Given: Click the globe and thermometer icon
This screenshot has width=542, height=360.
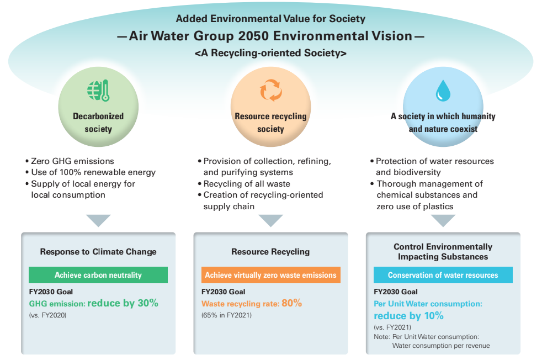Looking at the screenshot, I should pos(98,91).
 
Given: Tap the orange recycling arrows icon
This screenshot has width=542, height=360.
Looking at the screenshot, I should pos(270,91).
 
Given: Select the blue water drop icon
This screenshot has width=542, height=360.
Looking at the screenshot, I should pos(443,91).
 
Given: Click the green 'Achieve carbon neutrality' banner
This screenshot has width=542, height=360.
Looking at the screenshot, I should pos(98,275).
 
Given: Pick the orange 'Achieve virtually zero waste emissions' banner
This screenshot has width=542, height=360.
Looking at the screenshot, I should pos(270,275).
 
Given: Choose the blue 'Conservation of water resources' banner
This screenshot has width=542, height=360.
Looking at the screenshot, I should pos(443,275).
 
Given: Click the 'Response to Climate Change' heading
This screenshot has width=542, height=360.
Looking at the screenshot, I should pos(98,252).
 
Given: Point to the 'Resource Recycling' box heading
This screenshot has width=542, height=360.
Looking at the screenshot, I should pos(270,252).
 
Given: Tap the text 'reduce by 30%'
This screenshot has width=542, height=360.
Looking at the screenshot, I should pos(123,303).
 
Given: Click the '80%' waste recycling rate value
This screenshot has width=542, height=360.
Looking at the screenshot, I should pos(292,303).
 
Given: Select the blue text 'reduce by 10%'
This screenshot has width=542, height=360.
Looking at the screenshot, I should pos(408,316).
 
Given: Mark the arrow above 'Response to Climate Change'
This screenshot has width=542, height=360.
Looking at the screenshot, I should pos(98,220).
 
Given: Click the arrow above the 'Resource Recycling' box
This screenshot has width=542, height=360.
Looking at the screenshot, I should pos(270,220).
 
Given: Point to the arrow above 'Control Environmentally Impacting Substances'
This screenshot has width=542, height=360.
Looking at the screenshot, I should pos(443,220).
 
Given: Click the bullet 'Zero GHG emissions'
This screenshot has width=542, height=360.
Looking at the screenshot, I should pos(72,161).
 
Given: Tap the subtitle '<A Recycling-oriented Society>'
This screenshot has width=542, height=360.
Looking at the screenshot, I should pos(270,54).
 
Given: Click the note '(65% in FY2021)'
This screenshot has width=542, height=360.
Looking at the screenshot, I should pos(227,315).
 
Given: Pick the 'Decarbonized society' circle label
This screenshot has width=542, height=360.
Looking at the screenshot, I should pos(98,123).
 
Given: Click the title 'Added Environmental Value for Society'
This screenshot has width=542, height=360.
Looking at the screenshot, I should pos(270,19).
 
